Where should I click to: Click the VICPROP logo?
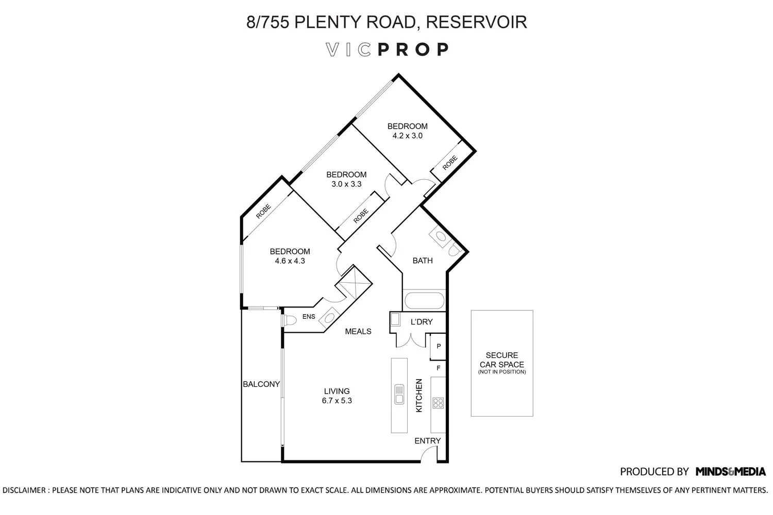[386, 49]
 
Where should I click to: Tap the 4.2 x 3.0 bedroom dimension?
[407, 136]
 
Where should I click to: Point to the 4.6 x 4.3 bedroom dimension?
[290, 261]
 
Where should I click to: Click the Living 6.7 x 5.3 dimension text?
[337, 401]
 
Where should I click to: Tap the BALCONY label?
[261, 384]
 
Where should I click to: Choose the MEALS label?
[358, 332]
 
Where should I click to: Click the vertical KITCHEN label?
[419, 396]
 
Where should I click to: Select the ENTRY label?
[428, 441]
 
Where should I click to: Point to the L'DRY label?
[421, 322]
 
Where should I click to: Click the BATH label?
[422, 261]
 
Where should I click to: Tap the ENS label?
[309, 317]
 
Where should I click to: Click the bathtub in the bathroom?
[424, 300]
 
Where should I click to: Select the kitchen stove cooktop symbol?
[438, 403]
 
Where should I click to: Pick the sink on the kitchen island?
[399, 395]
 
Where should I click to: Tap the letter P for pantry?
[439, 347]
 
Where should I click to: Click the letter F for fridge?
[439, 368]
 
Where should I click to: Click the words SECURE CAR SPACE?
[501, 360]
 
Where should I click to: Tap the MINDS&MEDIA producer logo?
[730, 471]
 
